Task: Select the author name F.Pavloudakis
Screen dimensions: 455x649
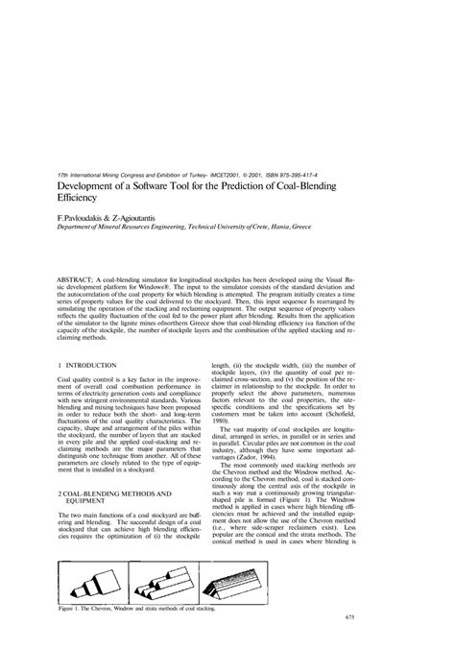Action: click(87, 219)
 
